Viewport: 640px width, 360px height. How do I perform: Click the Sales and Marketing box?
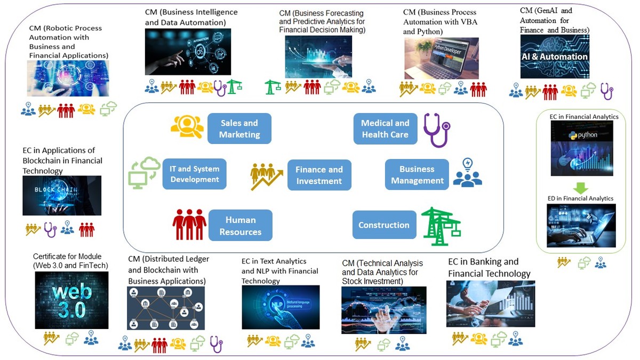point(239,129)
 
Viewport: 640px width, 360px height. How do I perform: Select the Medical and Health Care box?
point(385,129)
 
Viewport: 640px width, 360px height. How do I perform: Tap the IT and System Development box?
point(195,174)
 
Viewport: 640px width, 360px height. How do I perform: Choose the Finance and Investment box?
point(319,175)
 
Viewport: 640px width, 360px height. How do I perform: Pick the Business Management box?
point(417,175)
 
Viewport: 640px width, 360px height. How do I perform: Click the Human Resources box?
point(240,226)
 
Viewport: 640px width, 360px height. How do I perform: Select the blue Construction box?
point(384,225)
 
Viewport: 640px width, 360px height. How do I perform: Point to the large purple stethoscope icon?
point(436,130)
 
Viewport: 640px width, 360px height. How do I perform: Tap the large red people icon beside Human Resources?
point(189,224)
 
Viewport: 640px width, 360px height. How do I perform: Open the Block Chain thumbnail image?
point(62,196)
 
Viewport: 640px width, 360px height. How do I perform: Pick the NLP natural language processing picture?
point(281,307)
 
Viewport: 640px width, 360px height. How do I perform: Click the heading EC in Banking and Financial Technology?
point(489,268)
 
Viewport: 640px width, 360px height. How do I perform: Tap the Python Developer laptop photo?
point(441,58)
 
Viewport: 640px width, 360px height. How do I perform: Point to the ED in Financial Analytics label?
point(581,198)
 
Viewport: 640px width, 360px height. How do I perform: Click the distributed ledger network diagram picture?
point(165,308)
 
